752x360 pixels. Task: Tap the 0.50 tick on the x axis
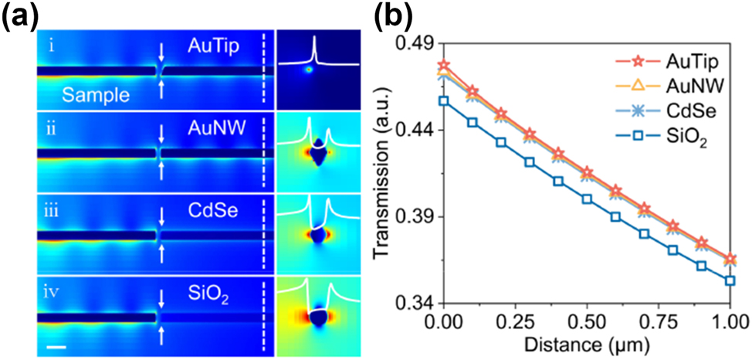[x=587, y=320]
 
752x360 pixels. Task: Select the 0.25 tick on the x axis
[x=515, y=320]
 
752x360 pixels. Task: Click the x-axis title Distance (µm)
[x=587, y=342]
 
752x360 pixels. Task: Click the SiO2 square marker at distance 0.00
[x=443, y=100]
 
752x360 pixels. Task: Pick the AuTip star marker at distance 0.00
[x=443, y=65]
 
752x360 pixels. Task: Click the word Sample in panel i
[x=90, y=95]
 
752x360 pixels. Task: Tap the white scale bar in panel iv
[x=56, y=347]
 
